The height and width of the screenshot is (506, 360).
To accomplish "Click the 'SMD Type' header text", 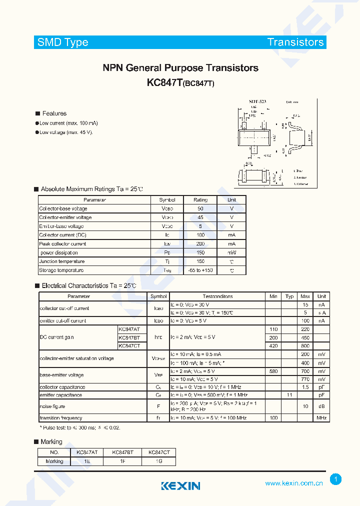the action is pos(63,42).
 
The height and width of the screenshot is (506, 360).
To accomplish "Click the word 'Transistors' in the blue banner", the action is pos(295,42).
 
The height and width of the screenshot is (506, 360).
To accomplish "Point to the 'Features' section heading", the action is pos(54,113).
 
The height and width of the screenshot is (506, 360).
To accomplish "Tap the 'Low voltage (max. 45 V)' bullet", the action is pos(66,132).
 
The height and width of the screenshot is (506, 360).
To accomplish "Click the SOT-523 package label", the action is pos(258,101).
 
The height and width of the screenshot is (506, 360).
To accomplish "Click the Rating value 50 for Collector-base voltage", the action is pos(200,208).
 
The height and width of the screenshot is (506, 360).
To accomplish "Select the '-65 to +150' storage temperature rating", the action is pos(200,270).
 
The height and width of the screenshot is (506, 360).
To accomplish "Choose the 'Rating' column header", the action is pos(200,200).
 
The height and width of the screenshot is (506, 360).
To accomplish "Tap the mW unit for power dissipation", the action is pos(231,253).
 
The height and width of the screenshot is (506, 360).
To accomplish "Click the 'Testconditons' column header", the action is pos(217,296).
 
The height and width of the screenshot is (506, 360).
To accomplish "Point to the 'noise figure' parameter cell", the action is pos(53,406).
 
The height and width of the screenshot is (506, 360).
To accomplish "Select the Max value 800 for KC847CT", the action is pos(305,345).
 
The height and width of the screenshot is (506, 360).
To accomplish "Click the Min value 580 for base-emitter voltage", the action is pos(273,371).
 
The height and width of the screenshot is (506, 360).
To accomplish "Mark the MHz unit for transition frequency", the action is pos(321,418).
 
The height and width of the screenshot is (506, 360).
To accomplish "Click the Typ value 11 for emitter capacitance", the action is pos(289,395).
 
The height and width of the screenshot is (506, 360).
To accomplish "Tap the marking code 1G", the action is pos(159,461).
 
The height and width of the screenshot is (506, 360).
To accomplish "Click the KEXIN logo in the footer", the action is pos(180,485).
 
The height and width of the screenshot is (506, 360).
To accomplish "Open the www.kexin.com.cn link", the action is pos(293,483).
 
